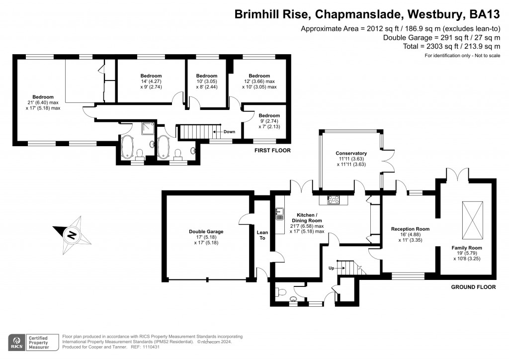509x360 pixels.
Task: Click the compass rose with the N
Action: pos(72,234)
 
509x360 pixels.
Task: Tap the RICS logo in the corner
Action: pos(18,342)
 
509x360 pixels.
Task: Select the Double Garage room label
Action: pos(206,231)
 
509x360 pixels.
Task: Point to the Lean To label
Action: pos(262,235)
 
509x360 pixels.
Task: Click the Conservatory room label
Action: pos(351,153)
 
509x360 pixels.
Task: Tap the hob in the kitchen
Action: pos(334,200)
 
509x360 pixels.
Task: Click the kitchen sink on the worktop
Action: pos(279,214)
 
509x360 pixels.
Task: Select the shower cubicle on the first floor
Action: pos(147,129)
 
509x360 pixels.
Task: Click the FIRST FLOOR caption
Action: pos(272,150)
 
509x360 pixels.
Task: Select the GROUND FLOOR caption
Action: pos(473,287)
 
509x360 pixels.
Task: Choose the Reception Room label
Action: pos(410,229)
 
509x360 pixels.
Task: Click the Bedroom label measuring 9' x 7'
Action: pos(262,115)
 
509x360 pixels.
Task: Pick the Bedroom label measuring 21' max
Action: pos(43,97)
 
